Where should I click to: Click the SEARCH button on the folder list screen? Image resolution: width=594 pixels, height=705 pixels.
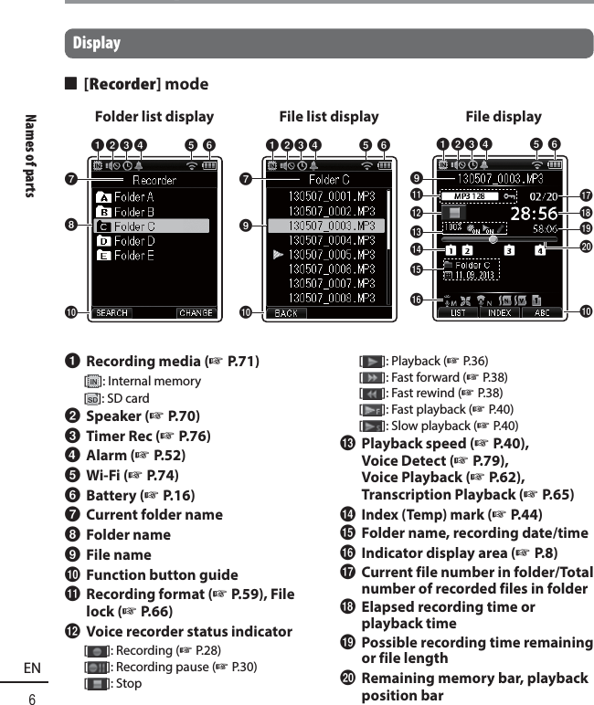112,313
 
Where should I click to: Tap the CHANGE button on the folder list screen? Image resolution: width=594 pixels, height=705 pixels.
196,313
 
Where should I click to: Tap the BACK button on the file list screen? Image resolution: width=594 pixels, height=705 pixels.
286,313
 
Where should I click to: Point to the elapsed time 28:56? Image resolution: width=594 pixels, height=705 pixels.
535,213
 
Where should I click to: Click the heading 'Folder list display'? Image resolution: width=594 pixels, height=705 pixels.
154,117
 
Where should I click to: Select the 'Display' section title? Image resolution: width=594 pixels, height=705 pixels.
96,43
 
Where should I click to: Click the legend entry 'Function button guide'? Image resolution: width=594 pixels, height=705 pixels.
162,575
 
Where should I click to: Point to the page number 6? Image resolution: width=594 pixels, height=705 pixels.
32,699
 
